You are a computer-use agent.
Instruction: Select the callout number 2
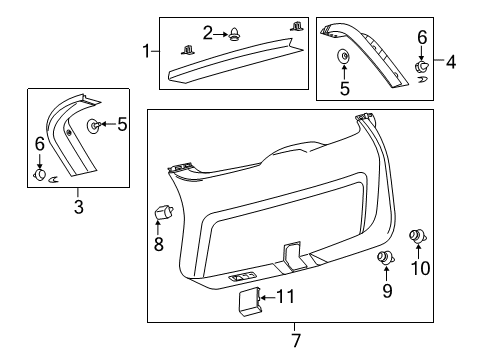pos(207,33)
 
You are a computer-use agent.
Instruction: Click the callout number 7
pos(297,341)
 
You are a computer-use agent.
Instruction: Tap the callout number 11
pos(286,324)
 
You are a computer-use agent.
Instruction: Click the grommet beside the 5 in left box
pos(92,126)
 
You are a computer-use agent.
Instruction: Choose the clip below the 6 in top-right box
pos(422,67)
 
